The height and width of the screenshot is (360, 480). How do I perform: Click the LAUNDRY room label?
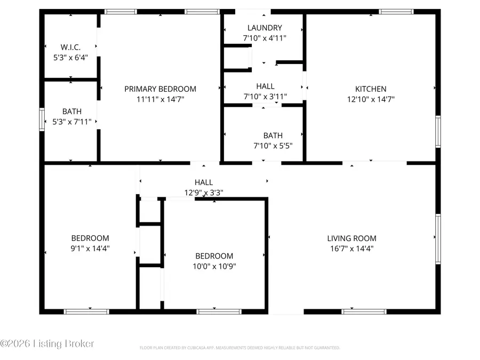265,28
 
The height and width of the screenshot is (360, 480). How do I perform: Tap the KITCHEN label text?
371,89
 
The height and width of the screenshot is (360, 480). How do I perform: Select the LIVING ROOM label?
351,238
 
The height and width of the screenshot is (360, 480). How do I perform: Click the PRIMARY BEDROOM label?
160,89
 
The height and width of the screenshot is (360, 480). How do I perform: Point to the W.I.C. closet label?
70,47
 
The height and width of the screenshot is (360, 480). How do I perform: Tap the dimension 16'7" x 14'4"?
351,249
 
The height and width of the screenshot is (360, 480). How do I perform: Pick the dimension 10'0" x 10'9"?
214,266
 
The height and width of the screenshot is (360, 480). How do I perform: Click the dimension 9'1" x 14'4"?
90,249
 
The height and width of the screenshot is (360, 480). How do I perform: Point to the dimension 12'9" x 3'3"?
203,193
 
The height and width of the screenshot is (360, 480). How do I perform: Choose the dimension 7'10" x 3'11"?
265,97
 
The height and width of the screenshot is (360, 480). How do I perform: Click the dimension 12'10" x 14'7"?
371,99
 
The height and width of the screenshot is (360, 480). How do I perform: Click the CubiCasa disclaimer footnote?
239,348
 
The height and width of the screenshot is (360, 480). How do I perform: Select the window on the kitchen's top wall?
396,11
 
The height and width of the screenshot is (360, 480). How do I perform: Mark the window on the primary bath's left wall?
42,119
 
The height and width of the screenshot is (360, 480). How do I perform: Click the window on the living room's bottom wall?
356,311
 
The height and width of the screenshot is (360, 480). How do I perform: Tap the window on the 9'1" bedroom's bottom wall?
86,311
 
